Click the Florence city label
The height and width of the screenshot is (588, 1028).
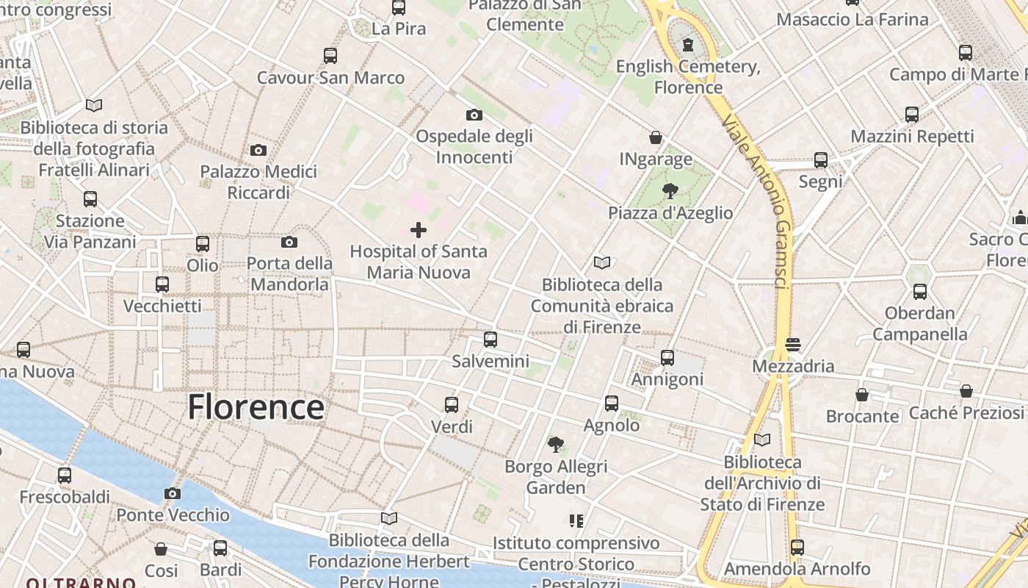(x=256, y=406)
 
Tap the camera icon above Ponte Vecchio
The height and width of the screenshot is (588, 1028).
(x=173, y=493)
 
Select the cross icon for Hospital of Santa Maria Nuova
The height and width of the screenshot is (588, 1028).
(x=419, y=230)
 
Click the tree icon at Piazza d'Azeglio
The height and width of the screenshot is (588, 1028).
(x=670, y=192)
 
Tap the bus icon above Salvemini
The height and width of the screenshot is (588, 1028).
(x=491, y=340)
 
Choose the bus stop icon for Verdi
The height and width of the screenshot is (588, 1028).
(x=452, y=405)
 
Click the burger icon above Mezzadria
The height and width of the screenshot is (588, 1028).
(x=793, y=344)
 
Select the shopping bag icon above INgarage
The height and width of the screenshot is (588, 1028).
(x=656, y=137)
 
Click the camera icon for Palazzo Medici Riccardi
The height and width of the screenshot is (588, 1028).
(x=258, y=151)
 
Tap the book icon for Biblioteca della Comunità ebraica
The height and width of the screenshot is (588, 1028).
(x=602, y=262)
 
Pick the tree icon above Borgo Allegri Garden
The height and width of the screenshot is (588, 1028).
(x=556, y=444)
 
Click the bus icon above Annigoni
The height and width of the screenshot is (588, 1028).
(x=667, y=358)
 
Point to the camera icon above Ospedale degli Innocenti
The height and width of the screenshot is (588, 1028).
(x=474, y=115)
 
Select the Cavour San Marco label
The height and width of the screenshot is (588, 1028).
(x=330, y=78)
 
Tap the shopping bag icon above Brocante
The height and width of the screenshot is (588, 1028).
(x=862, y=395)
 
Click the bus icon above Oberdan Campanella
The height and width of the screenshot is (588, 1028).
(x=920, y=292)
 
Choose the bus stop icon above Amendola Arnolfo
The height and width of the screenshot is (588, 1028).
(x=797, y=548)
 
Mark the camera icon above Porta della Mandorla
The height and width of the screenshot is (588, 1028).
(x=289, y=242)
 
